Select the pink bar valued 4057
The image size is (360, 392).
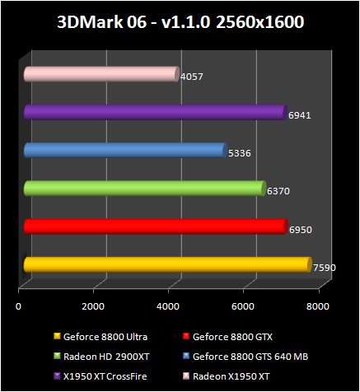tap(101, 75)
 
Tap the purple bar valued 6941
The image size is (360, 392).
tap(155, 112)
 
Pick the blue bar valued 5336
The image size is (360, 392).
tap(124, 150)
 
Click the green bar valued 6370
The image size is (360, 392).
tap(145, 188)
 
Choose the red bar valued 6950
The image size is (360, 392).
tap(156, 226)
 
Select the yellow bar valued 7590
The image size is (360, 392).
tap(167, 264)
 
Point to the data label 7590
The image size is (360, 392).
tap(325, 267)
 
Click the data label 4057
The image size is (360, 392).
tap(191, 77)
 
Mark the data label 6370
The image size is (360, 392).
tap(278, 191)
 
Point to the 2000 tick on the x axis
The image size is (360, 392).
tap(94, 306)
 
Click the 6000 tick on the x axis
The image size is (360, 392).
tap(243, 306)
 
